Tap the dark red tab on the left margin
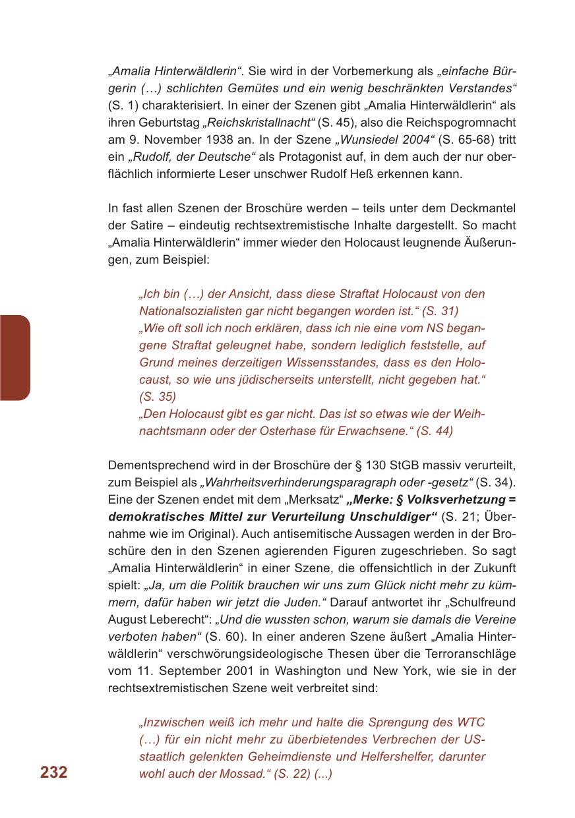(15, 357)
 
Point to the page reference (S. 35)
(158, 396)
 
